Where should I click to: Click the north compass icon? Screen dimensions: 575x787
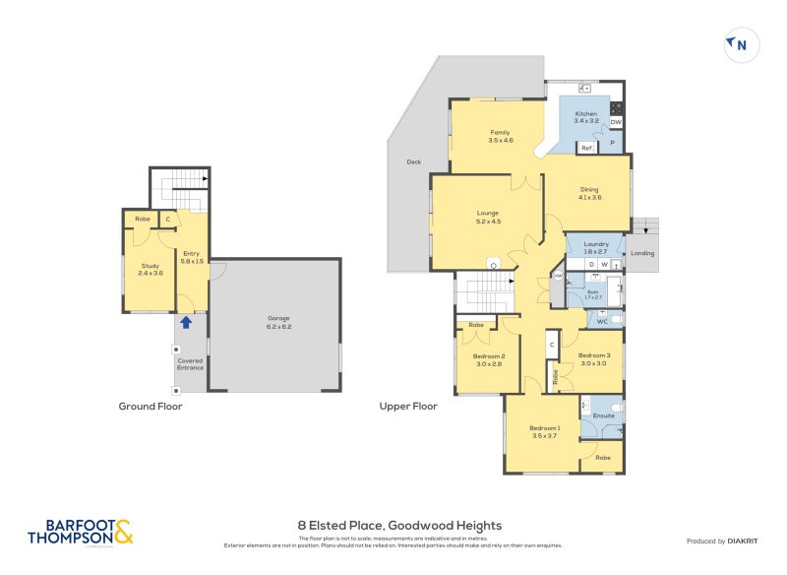pos(741,44)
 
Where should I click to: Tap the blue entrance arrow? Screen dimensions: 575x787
pos(186,321)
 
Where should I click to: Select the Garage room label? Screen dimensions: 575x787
pos(279,322)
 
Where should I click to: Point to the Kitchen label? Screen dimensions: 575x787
pos(586,118)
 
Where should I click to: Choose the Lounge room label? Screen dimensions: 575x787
pos(488,217)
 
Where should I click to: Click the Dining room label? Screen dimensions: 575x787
pos(589,194)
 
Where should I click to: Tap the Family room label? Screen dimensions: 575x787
pos(501,136)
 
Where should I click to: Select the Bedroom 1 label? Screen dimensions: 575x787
pos(544,431)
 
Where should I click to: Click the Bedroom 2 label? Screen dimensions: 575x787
pos(489,359)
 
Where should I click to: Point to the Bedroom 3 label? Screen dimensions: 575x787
pos(594,359)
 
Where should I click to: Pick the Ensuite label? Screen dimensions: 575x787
pos(603,415)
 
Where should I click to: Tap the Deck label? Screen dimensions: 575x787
pos(413,163)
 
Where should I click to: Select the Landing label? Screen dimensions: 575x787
pos(642,253)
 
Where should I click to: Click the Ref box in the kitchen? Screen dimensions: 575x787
pos(585,148)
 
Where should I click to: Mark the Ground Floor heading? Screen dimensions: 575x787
pos(150,406)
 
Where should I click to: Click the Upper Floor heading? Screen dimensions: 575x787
pos(408,406)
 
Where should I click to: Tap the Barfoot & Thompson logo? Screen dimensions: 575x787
pos(80,532)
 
